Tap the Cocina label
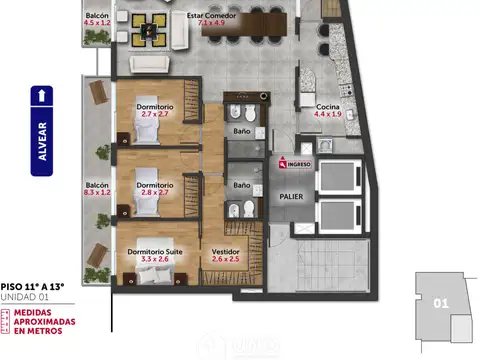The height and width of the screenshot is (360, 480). tap(328, 106)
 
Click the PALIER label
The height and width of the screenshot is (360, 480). tap(291, 196)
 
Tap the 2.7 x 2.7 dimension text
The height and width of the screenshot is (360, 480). tap(156, 116)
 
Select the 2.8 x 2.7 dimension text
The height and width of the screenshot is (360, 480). tap(156, 193)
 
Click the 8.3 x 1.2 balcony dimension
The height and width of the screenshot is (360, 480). tap(97, 193)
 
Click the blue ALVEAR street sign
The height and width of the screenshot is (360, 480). tap(41, 140)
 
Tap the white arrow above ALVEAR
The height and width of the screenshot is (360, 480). tap(41, 97)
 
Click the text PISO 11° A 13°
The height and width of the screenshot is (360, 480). tap(32, 287)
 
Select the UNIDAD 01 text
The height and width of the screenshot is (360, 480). tap(24, 298)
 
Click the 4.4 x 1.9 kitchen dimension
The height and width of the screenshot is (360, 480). tap(328, 115)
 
